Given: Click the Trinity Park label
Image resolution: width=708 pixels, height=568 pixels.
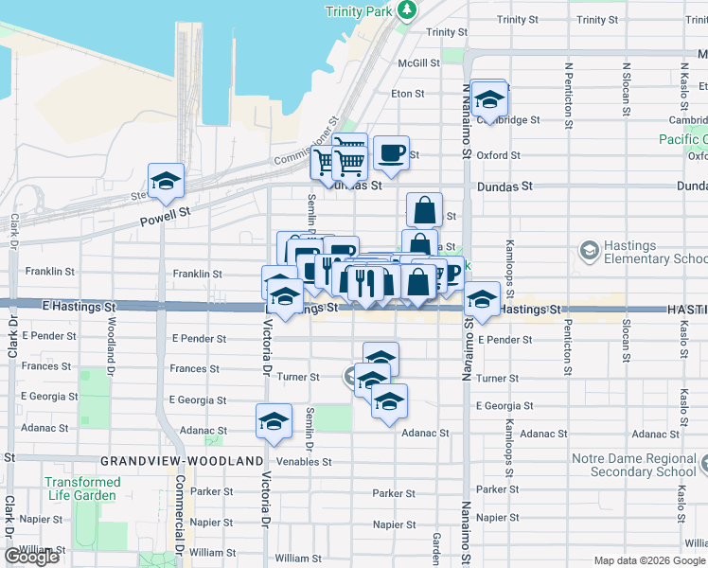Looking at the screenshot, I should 357,10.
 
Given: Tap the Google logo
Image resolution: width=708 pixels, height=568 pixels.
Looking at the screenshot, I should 32,557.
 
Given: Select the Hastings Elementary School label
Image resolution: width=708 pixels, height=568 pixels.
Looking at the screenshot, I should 654,252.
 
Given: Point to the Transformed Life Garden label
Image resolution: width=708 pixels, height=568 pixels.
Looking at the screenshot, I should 82,488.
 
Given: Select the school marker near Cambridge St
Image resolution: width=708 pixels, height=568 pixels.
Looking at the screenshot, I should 488,98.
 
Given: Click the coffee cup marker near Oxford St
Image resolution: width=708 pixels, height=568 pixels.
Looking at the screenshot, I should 391,152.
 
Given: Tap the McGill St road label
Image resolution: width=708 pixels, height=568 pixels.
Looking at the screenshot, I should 419,63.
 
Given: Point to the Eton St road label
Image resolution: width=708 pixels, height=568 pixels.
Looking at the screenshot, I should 407,94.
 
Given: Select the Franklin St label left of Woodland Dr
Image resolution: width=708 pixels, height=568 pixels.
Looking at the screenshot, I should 50,271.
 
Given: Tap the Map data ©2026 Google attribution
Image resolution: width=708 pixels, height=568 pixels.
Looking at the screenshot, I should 649,560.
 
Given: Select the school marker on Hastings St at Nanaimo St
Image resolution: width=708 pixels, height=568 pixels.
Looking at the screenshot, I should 483,299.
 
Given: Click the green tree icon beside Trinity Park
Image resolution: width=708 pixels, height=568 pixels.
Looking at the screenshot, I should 408,10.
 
